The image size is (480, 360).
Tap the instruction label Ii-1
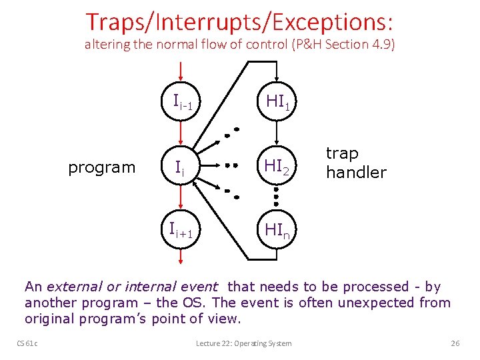pos(183,102)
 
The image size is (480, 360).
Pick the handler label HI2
pos(277,167)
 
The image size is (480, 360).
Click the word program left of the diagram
pos(101,167)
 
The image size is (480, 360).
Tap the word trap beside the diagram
pos(342,153)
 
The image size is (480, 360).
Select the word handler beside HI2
pos(356,173)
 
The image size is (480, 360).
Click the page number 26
pos(455,343)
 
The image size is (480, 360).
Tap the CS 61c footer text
pos(27,343)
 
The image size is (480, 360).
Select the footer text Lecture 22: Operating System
pos(243,343)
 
